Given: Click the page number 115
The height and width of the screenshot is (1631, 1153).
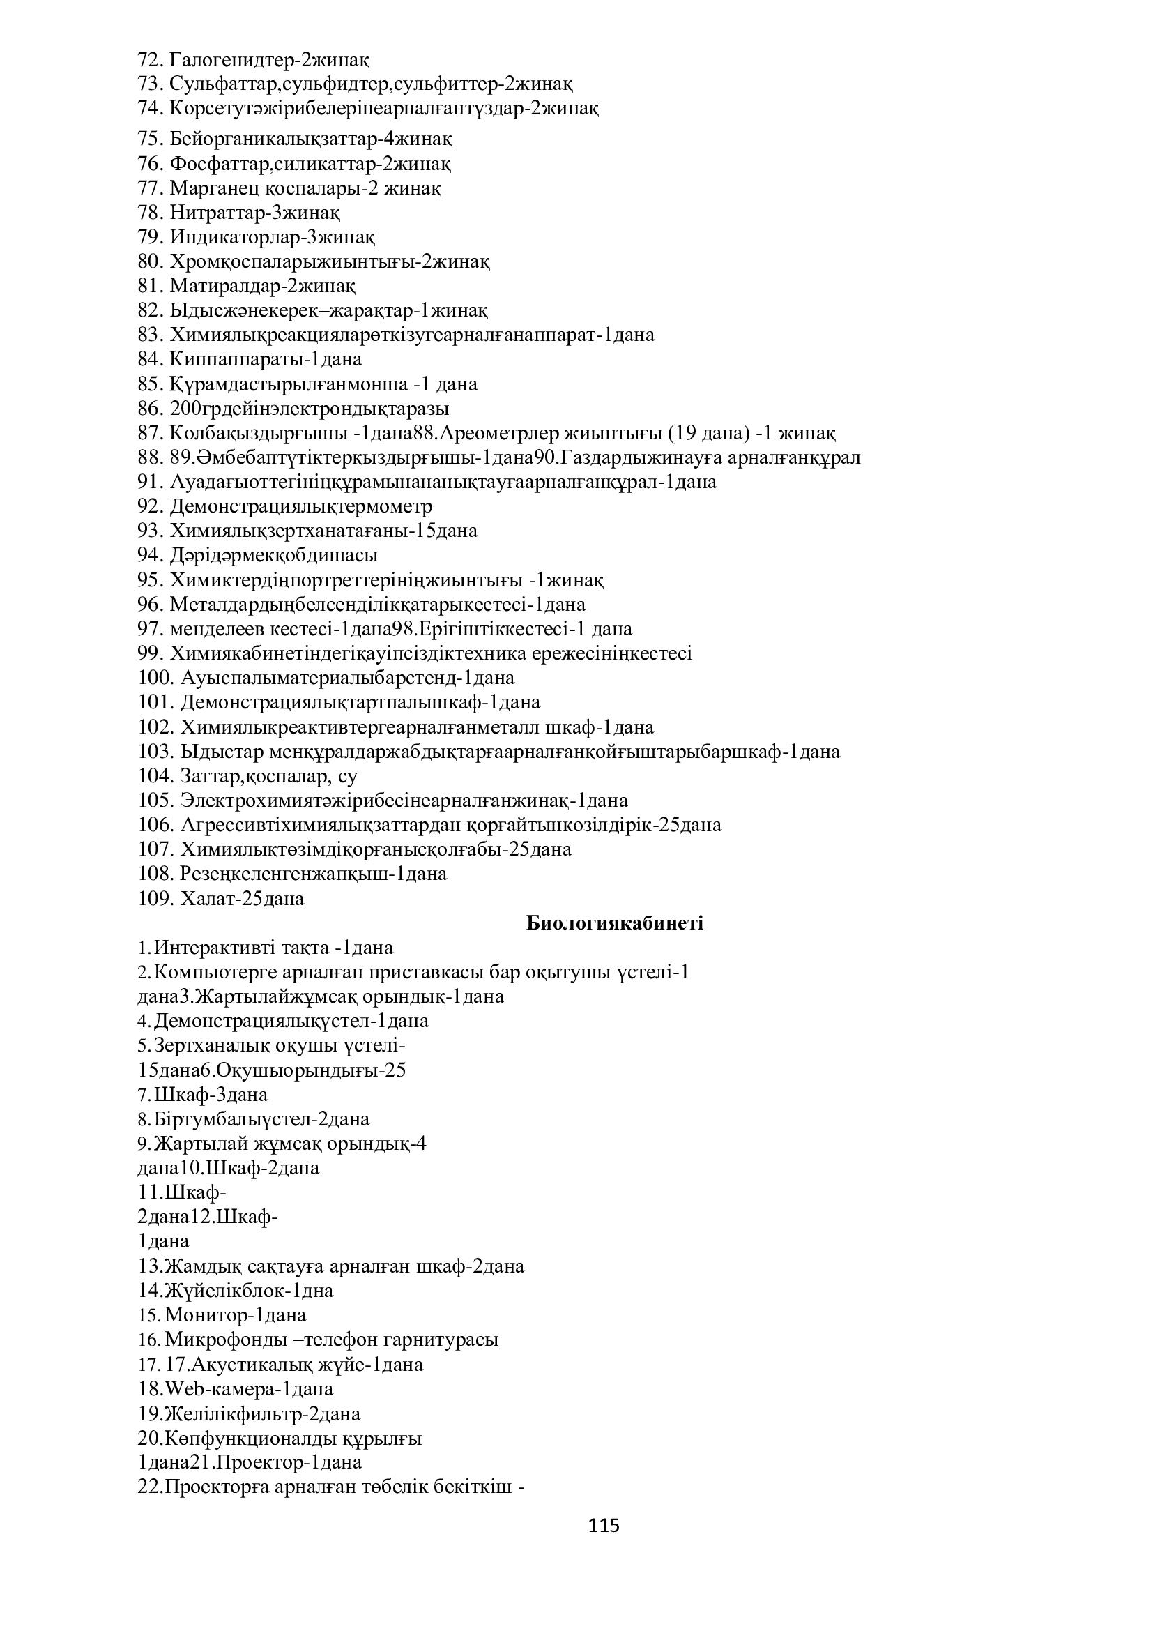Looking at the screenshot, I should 604,1525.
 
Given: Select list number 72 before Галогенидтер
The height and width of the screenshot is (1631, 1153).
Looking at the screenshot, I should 151,59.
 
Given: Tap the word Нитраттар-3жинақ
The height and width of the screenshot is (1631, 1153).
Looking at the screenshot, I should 255,213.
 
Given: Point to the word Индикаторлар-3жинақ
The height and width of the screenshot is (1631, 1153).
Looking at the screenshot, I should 273,236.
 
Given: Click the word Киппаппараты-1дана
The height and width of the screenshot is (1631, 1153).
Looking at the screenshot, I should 266,358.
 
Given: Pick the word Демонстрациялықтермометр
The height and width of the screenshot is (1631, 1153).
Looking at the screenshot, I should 301,506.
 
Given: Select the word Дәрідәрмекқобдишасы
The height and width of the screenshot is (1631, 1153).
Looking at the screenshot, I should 274,555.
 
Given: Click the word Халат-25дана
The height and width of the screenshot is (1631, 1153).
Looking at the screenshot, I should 242,899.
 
